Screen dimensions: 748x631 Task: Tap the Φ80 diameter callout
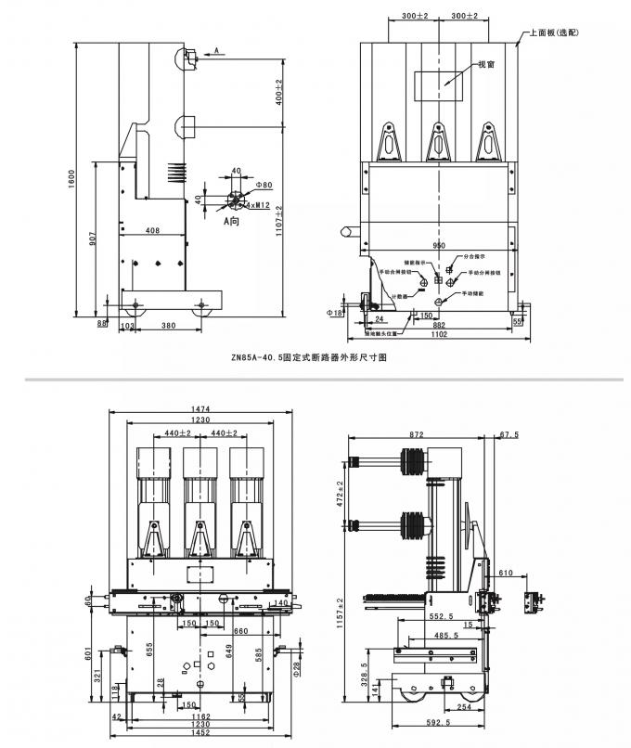[264, 185]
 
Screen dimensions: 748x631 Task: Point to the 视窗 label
[485, 65]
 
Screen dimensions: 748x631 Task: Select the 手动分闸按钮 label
[484, 273]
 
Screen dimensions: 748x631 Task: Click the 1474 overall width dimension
[202, 409]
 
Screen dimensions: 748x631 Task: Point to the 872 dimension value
[418, 433]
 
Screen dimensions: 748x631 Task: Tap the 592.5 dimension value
[436, 722]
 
